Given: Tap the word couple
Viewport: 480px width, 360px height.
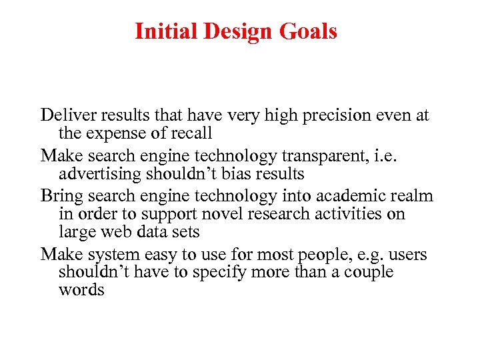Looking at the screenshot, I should click(368, 273).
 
